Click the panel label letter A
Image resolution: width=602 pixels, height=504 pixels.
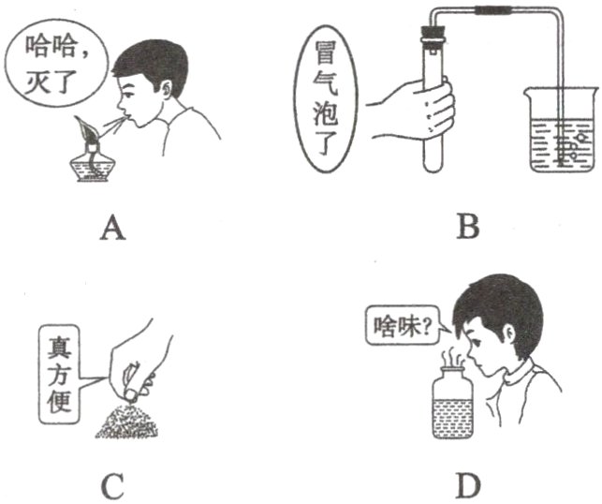[x=113, y=228]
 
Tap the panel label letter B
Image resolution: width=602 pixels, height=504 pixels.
[x=468, y=227]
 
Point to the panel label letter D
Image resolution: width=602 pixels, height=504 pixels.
[x=468, y=485]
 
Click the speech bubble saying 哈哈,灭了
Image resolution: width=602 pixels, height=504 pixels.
[x=55, y=66]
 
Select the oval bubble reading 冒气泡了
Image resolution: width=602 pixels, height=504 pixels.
[x=326, y=99]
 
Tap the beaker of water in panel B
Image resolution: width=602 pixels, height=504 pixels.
[x=562, y=130]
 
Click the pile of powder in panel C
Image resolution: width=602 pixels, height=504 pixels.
[x=126, y=421]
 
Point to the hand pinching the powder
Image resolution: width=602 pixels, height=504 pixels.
[x=140, y=357]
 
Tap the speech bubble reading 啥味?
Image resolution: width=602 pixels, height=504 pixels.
[x=403, y=327]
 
